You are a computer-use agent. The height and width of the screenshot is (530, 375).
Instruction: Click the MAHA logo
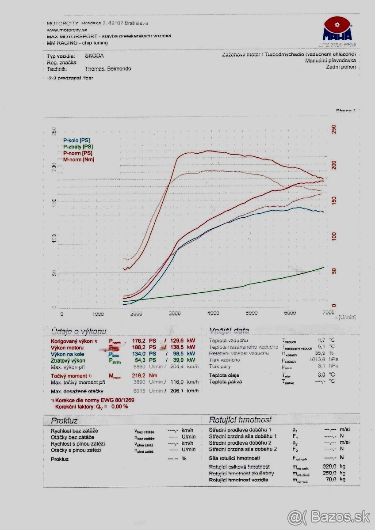(338, 29)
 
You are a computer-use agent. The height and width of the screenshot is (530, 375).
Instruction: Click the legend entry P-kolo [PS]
(77, 140)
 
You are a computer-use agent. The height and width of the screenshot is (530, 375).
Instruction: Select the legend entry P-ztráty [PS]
(78, 147)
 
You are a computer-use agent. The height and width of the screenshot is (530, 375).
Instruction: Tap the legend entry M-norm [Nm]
(78, 159)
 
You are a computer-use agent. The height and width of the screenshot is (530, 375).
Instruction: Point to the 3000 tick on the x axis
(175, 314)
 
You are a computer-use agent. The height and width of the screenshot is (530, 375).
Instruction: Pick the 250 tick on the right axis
(334, 129)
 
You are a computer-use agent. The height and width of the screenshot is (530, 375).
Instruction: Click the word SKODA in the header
(94, 56)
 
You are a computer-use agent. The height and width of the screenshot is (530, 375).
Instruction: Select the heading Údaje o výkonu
(78, 331)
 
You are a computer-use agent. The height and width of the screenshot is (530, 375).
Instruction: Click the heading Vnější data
(229, 330)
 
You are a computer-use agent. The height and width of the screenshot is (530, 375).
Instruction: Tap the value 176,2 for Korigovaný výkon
(139, 341)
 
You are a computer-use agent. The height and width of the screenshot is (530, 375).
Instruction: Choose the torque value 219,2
(139, 375)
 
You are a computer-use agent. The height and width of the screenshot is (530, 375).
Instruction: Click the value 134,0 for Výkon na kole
(139, 354)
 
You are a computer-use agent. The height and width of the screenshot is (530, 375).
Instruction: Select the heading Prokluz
(64, 420)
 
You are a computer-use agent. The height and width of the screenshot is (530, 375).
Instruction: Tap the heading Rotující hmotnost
(240, 420)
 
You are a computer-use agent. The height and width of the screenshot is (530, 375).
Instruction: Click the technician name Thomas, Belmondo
(107, 69)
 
